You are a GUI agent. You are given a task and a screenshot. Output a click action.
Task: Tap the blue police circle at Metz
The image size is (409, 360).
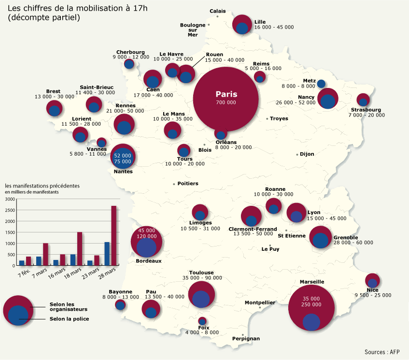[321, 83]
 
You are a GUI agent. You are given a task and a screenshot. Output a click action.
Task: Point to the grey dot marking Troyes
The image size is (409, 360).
[267, 118]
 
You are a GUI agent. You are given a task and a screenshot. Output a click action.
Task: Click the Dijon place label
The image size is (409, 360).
[307, 154]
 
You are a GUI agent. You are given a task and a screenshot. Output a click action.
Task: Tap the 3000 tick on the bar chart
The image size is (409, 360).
[10, 198]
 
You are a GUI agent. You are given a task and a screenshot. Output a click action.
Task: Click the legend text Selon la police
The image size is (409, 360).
[70, 319]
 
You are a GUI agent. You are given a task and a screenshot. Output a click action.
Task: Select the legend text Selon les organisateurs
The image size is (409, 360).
[69, 306]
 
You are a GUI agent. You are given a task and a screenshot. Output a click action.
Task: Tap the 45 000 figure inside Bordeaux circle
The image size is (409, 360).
[146, 230]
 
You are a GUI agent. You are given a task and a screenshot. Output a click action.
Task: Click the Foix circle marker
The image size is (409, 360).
[202, 321]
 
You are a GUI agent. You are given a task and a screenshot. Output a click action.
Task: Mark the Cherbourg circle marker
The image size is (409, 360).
[129, 64]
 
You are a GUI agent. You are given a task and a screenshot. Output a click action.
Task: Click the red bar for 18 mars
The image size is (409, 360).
[79, 249]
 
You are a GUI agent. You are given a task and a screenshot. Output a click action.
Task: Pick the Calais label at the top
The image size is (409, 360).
[217, 11]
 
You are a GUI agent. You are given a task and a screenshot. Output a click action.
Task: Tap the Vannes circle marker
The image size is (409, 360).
[101, 143]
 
